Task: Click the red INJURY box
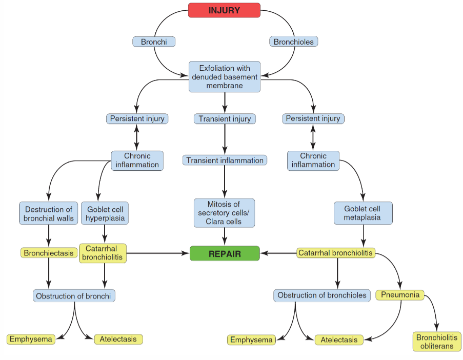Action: [225, 10]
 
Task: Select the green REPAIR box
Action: [225, 253]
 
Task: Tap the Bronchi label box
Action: [154, 42]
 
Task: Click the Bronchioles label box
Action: [293, 42]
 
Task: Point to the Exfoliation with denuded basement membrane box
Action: [225, 77]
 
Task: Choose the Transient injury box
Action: [225, 119]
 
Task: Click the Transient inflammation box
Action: [225, 161]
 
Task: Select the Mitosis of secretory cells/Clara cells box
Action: [224, 213]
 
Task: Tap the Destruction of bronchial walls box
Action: [49, 213]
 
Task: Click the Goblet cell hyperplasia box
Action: [105, 213]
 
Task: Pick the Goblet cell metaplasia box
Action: [363, 213]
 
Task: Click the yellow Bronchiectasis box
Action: [49, 253]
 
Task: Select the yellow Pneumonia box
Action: [400, 295]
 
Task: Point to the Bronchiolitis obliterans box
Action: [437, 342]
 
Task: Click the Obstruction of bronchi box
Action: [74, 296]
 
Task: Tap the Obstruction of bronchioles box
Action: [322, 295]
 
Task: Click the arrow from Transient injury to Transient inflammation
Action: [225, 139]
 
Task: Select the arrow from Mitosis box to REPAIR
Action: [225, 236]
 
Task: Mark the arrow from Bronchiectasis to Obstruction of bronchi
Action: [49, 274]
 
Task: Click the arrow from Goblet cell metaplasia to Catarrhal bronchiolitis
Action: [364, 236]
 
